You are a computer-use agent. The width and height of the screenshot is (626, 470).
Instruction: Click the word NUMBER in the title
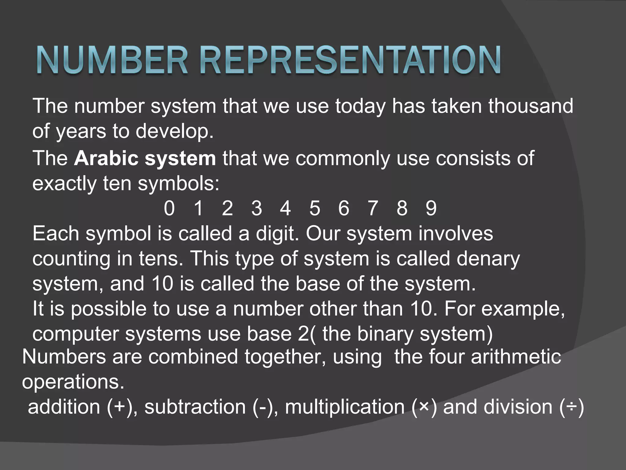coord(112,60)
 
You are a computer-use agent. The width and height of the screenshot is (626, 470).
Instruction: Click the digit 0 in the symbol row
coord(169,208)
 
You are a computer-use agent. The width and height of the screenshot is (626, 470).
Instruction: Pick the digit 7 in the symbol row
coord(373,208)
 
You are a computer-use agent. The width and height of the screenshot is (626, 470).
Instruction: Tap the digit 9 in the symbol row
coord(431,208)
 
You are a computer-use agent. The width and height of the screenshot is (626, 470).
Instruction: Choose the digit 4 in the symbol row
coord(285,208)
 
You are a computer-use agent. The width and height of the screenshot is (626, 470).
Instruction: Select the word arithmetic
coord(516,357)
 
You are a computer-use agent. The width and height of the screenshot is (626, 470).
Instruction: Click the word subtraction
coord(195,407)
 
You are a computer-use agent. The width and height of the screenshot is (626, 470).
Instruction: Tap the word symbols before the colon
coord(176,184)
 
